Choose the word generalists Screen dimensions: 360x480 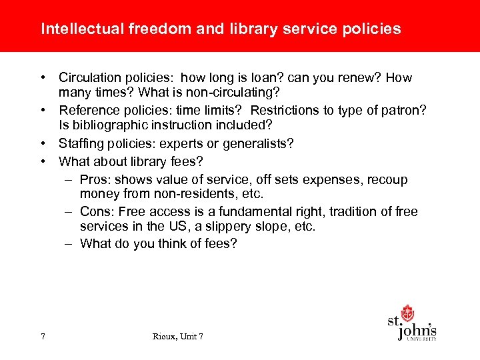pyautogui.click(x=259, y=143)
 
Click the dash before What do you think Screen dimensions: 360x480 pyautogui.click(x=69, y=243)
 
